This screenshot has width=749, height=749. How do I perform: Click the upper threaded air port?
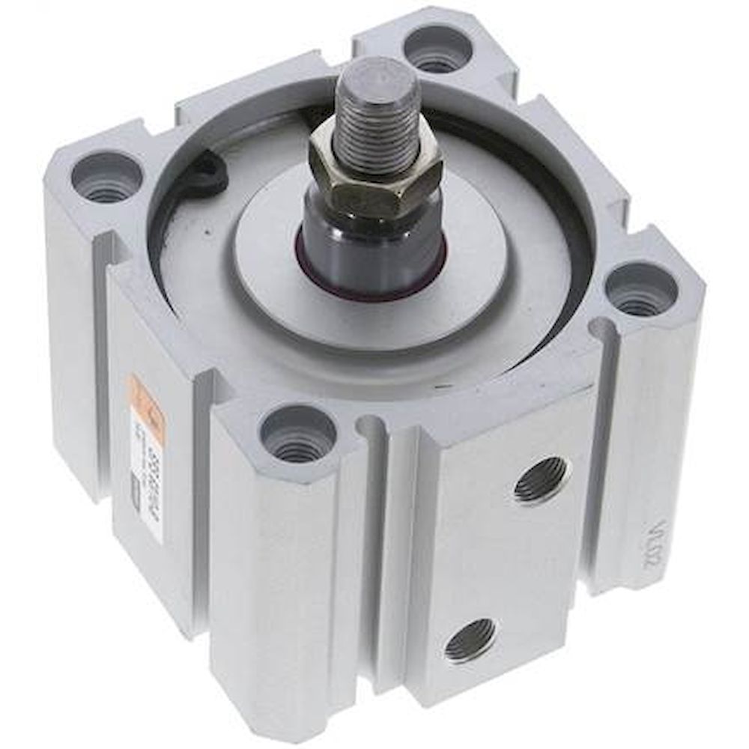point(542,479)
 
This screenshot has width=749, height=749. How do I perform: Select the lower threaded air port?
point(469,640)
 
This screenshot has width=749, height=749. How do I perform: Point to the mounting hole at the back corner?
point(437,49)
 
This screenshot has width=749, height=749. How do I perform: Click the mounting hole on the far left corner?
point(106,178)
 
